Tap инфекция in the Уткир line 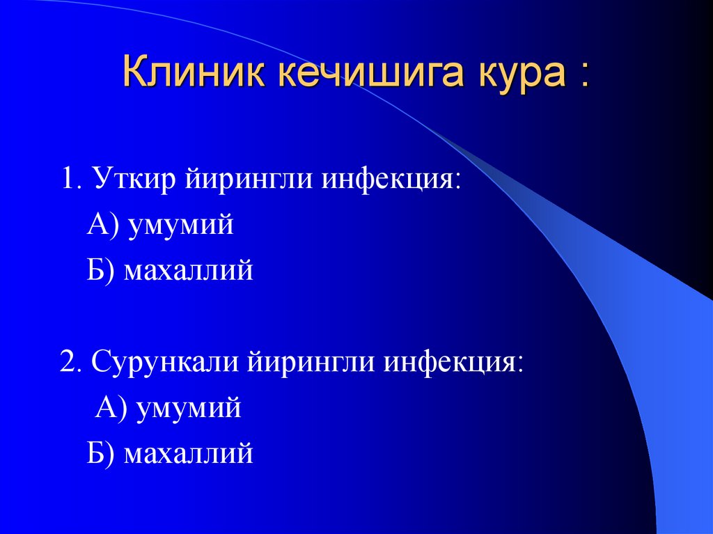(389, 180)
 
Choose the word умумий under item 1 (181, 226)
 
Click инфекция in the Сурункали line (453, 363)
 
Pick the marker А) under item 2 (111, 408)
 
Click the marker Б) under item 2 (102, 454)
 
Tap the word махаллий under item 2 (188, 454)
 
